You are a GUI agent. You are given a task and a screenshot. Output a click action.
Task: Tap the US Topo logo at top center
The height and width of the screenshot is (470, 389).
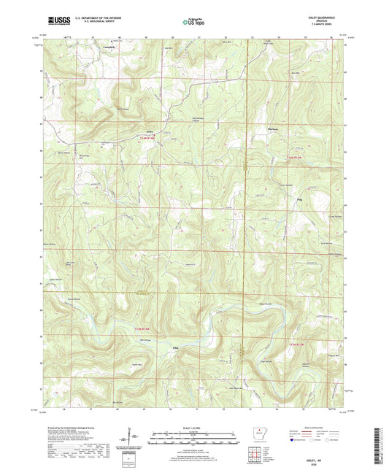(193, 23)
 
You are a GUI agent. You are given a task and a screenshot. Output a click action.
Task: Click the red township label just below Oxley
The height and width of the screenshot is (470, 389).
(149, 138)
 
